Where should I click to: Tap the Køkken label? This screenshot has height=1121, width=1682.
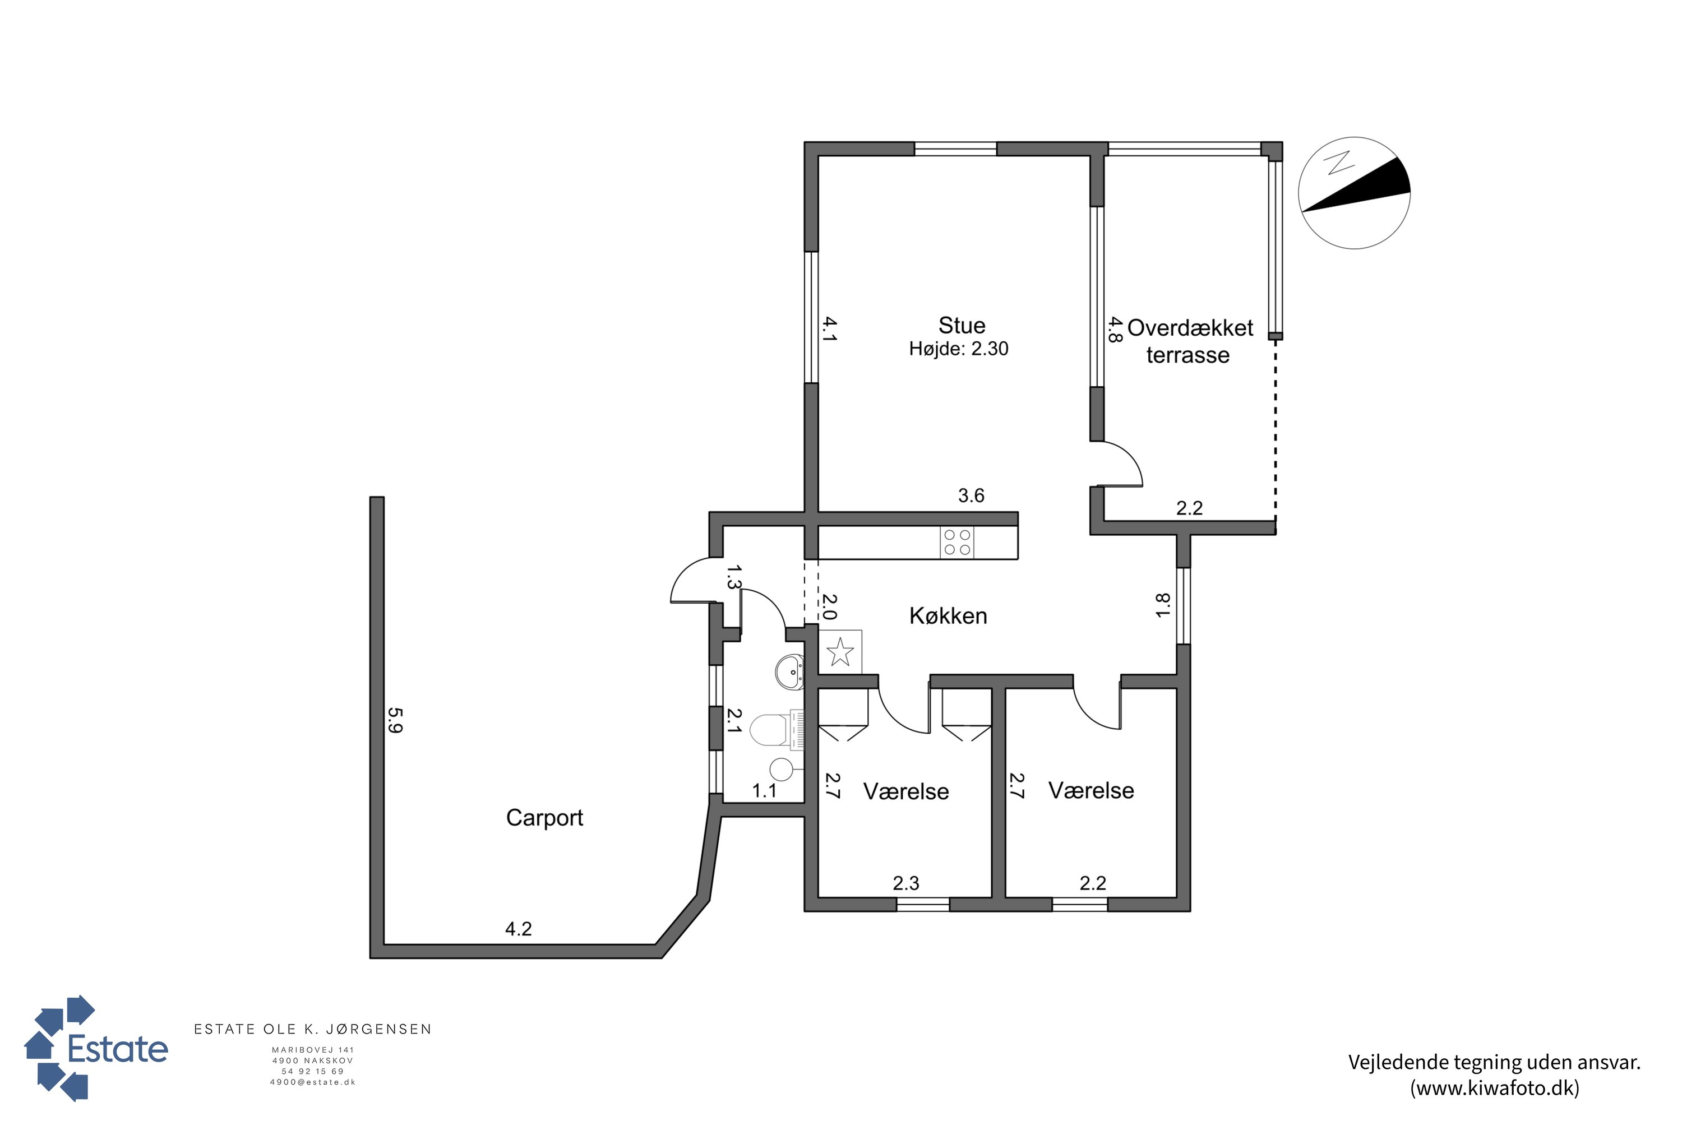[948, 615]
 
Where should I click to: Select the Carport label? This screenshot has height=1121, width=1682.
[544, 818]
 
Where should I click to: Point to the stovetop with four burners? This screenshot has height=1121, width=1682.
[957, 542]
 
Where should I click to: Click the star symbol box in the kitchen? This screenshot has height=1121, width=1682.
[840, 652]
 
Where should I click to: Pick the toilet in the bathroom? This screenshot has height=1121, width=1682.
[777, 730]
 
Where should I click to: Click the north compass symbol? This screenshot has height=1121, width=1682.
[1354, 193]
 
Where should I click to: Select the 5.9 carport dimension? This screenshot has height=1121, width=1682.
[395, 721]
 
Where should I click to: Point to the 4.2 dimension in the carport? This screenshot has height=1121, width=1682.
[519, 929]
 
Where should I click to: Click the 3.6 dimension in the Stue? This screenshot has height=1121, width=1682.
[971, 495]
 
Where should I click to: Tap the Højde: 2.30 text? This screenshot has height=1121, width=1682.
[959, 349]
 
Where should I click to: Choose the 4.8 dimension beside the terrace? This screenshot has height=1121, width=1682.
[1114, 330]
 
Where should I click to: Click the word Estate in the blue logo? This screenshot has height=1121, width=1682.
[118, 1049]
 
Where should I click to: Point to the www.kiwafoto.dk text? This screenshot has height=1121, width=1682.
[1495, 1087]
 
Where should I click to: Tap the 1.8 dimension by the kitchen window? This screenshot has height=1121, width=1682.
[1163, 605]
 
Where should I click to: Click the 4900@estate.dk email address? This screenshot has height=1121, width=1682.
[312, 1082]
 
